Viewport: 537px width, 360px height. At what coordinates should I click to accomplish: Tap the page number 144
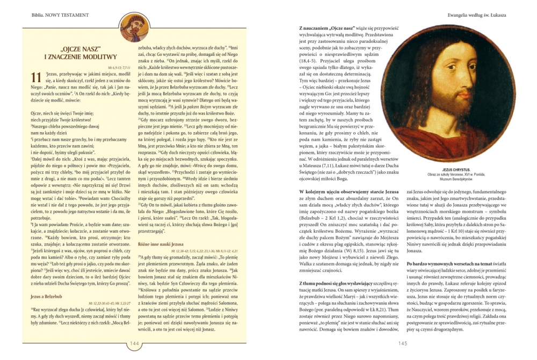point(133,344)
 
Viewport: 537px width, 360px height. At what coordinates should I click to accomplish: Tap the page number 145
point(404,344)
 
